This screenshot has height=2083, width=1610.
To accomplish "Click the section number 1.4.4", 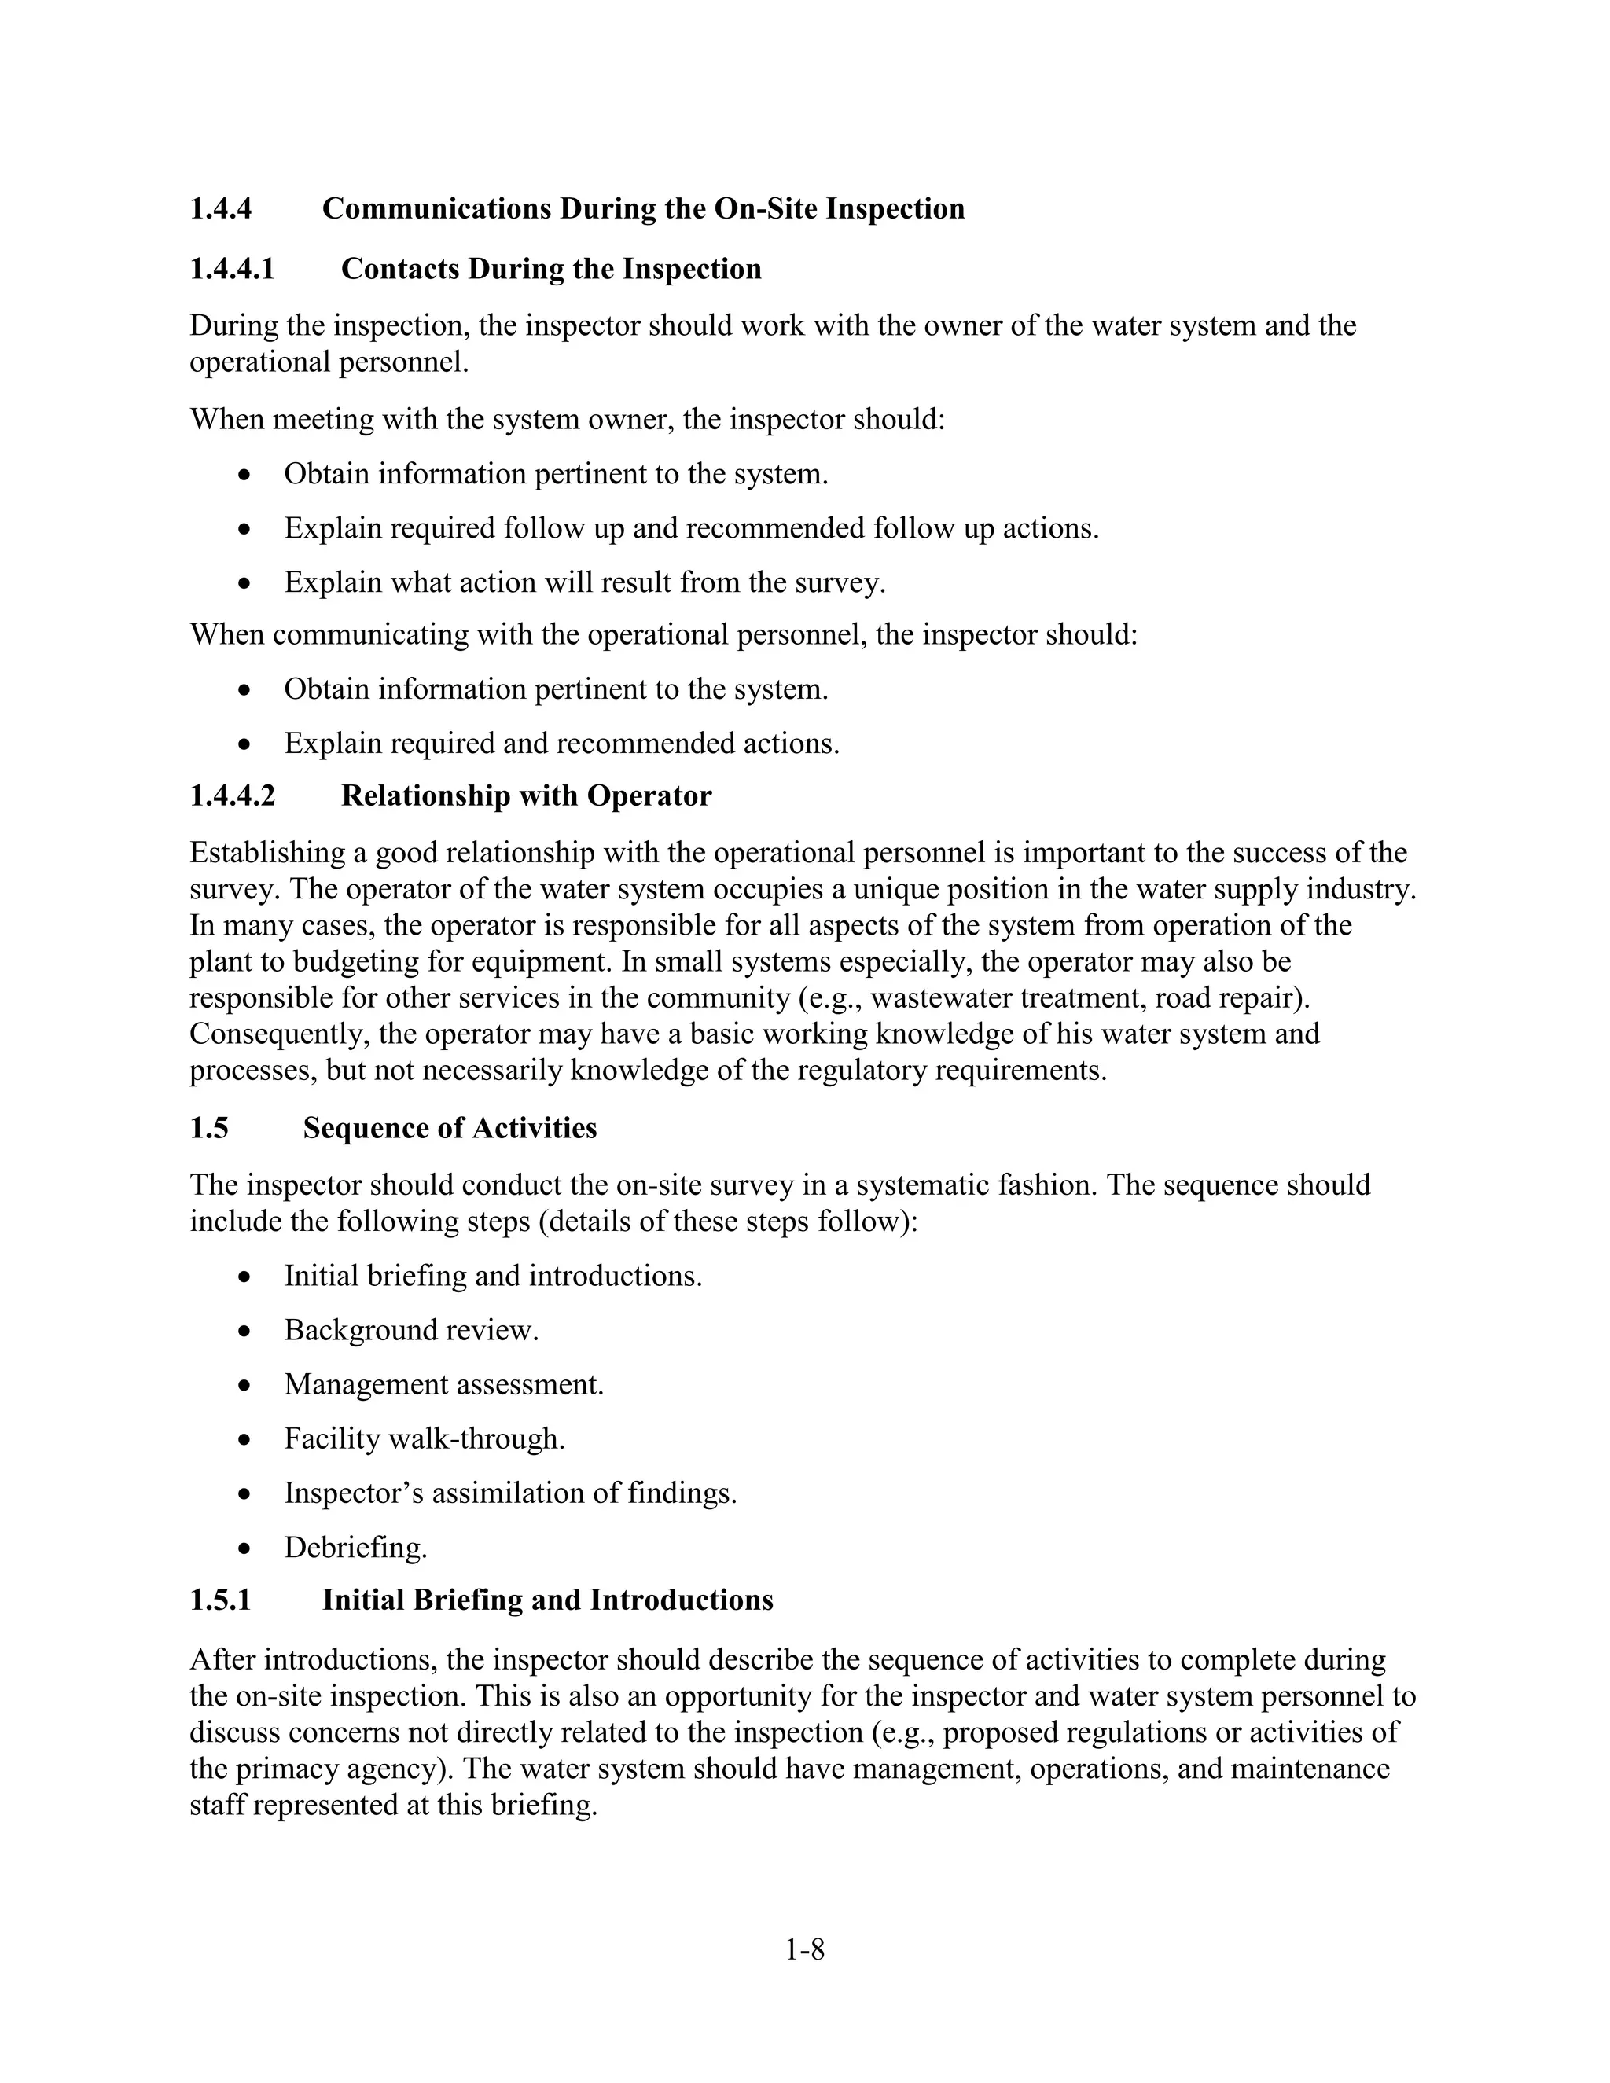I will tap(220, 209).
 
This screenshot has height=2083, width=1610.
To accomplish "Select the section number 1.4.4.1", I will tap(232, 269).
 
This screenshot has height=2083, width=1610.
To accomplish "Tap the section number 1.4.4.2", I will tap(232, 795).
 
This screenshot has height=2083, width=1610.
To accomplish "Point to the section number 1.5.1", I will tap(220, 1600).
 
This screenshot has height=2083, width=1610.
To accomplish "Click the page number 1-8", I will tap(804, 1949).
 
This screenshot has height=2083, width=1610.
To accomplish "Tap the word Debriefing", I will tap(355, 1548).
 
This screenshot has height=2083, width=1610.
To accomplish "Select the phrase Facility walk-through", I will tap(425, 1438).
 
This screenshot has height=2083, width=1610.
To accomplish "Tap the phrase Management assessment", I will tap(443, 1384).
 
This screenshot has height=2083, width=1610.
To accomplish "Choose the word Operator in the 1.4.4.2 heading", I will tap(649, 795).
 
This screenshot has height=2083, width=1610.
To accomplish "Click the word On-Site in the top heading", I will tap(766, 209).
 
